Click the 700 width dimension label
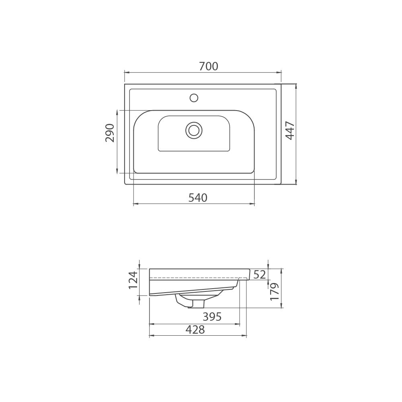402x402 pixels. click(x=208, y=66)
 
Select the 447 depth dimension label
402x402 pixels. click(x=290, y=130)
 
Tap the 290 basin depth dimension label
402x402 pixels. click(x=110, y=133)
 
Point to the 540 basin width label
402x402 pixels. click(x=198, y=198)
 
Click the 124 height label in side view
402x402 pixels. click(x=133, y=280)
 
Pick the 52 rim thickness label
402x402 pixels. click(x=260, y=275)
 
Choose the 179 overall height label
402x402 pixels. click(x=275, y=291)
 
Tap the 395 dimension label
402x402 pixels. click(x=212, y=317)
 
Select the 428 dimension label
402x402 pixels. click(x=195, y=330)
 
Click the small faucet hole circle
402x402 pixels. click(x=194, y=98)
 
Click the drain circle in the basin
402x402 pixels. click(x=194, y=130)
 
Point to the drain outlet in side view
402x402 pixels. click(x=196, y=304)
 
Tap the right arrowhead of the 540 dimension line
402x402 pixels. click(x=252, y=204)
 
